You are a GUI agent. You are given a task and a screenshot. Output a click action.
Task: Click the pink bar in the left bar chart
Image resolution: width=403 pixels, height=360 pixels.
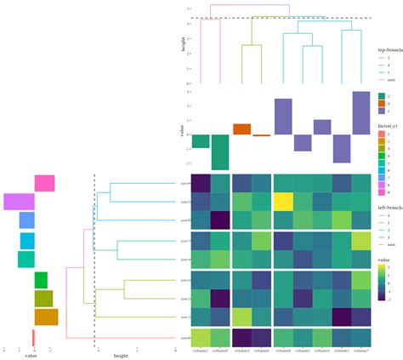(44, 183)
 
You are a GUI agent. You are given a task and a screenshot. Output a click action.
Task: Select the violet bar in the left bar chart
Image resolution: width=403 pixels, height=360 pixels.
(19, 202)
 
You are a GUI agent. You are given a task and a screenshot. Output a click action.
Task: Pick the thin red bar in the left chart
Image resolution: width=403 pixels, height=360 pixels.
(33, 338)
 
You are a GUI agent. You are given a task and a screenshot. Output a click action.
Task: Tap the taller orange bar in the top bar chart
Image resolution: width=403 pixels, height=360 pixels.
(241, 129)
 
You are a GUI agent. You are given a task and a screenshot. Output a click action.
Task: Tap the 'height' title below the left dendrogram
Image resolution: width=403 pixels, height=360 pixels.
(120, 356)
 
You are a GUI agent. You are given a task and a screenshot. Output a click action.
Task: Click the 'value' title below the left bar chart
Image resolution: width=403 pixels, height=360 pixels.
(30, 356)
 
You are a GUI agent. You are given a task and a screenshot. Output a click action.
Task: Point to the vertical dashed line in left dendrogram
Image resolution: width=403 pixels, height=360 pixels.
(94, 255)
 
